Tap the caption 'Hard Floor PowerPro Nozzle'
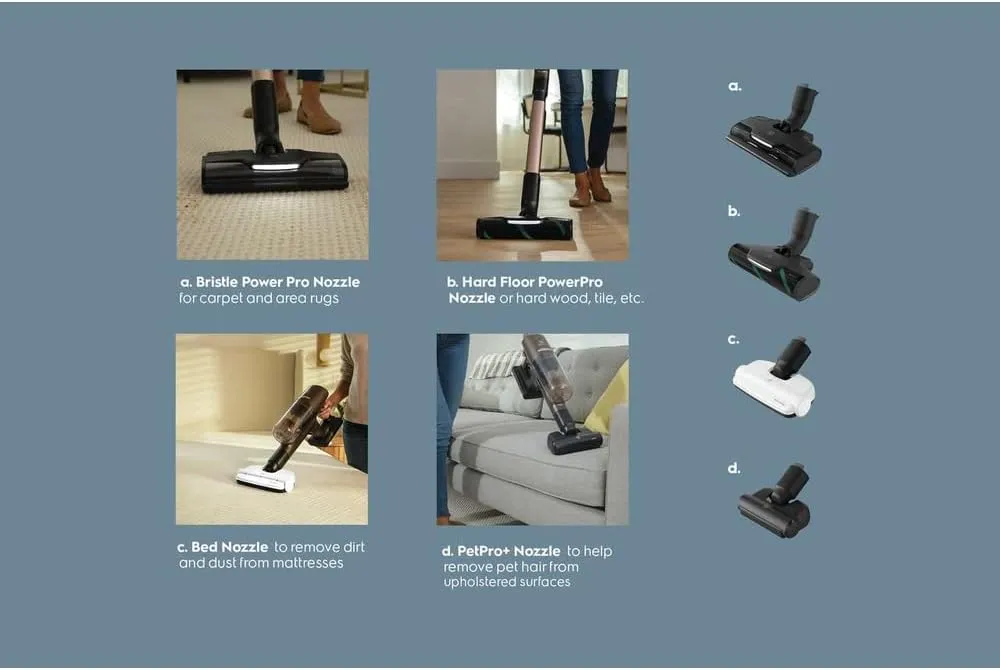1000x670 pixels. (524, 283)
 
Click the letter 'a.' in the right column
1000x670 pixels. (734, 87)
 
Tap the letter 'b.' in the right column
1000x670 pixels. (734, 212)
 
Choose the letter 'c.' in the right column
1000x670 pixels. (734, 340)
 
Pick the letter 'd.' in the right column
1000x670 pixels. (734, 468)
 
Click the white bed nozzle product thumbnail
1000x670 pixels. (774, 381)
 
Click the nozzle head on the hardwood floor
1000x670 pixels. (524, 227)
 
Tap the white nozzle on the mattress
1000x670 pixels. (265, 479)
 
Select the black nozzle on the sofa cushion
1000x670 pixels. (575, 441)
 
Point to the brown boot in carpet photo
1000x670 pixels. (318, 115)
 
